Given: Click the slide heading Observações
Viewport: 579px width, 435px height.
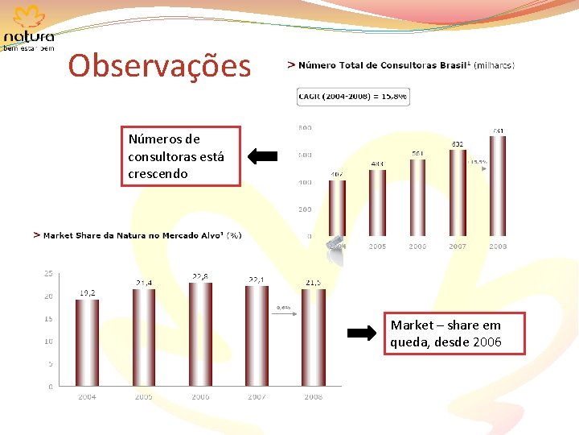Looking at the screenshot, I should coord(159,66).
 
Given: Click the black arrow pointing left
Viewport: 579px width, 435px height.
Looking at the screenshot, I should coord(263,155).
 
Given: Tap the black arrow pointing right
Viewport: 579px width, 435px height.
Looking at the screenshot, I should coord(361,333).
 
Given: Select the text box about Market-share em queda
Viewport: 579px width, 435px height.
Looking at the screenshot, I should coord(445,333).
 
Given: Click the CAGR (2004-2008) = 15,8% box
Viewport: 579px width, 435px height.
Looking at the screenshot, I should coord(353,97).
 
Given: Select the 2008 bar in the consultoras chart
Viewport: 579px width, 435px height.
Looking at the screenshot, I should coord(498,186).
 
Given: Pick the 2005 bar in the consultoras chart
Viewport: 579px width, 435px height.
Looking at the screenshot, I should coord(377,203).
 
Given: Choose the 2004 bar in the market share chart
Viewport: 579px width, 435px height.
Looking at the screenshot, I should coord(88,343).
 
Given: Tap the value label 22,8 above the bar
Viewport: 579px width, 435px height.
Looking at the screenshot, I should coord(201,276).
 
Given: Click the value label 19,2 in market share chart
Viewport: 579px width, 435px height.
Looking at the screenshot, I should coord(88,293).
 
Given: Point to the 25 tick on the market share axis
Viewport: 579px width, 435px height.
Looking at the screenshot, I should coord(48,274).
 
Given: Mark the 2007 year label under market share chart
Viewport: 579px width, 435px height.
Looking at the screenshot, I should coord(257,397).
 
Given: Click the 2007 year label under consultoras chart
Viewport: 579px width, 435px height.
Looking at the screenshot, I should coord(458,246).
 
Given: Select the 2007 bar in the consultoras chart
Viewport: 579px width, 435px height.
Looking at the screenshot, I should coord(458,193).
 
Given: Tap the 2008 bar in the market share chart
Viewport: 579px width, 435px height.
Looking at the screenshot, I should coord(312,338).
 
